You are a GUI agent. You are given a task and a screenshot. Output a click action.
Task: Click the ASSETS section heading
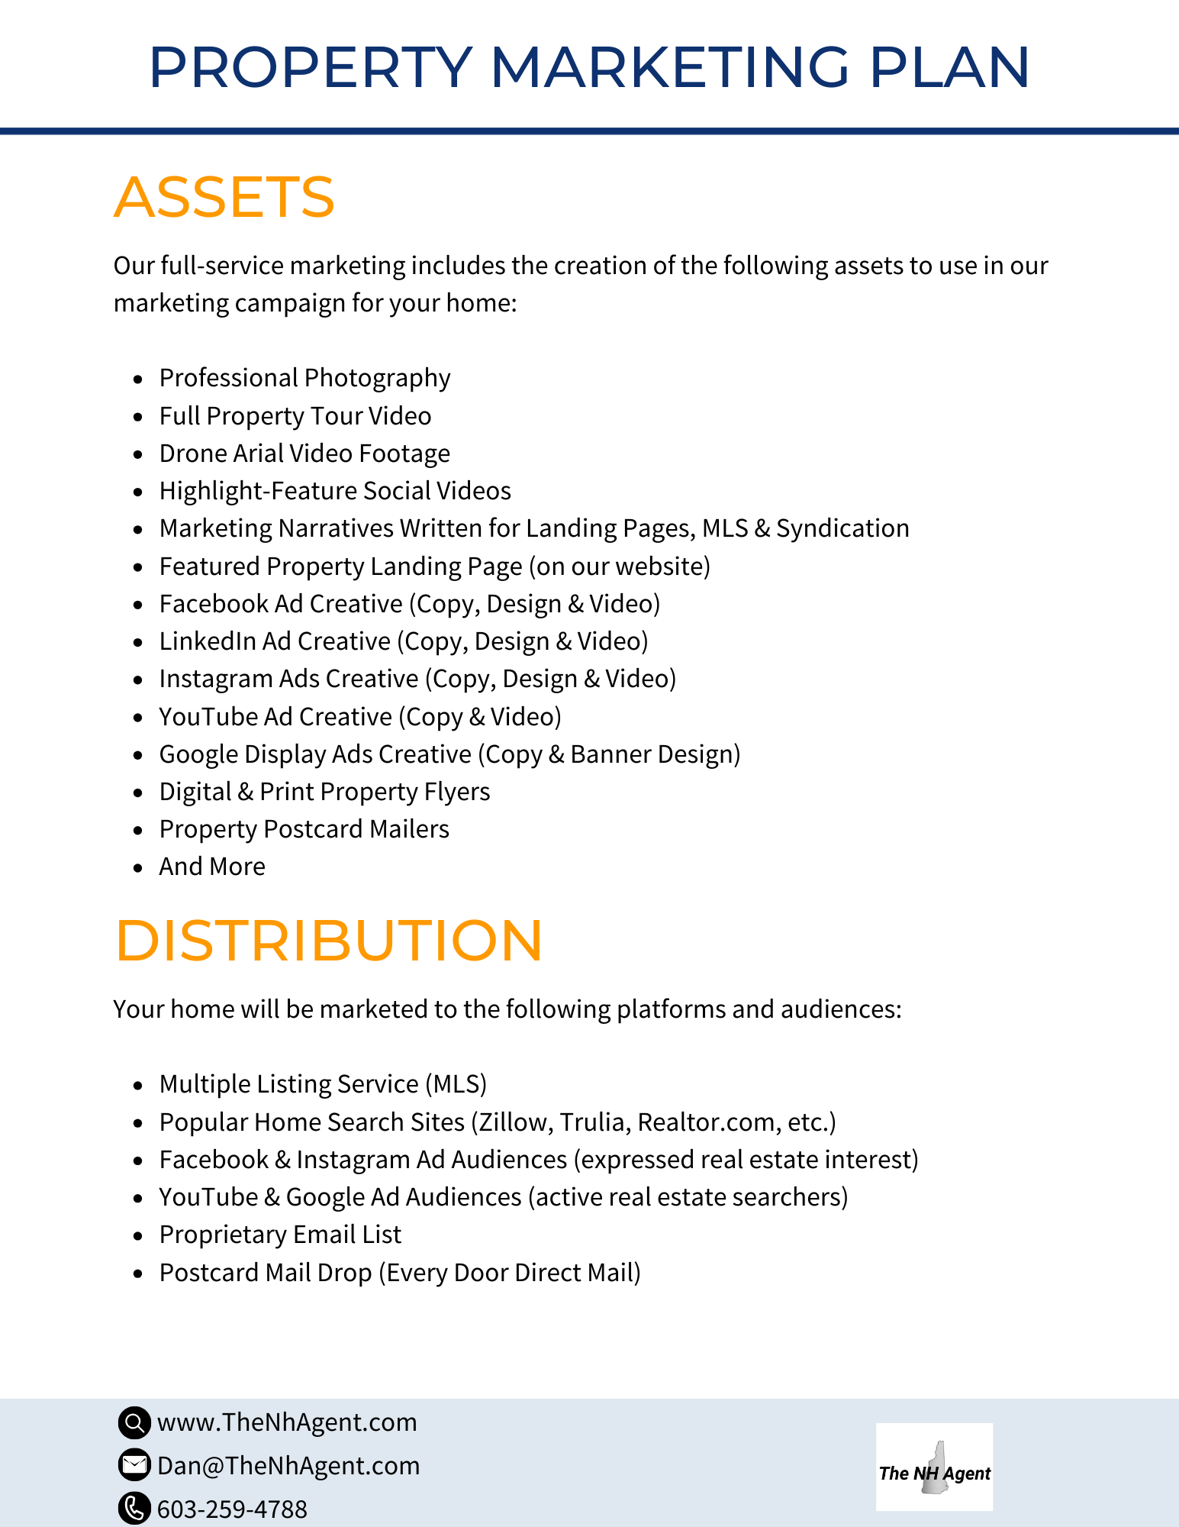[224, 197]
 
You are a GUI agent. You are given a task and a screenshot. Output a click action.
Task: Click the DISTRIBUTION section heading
[328, 940]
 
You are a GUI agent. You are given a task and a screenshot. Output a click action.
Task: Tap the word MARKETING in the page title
[668, 67]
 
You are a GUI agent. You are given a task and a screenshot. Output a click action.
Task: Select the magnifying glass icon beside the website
[134, 1422]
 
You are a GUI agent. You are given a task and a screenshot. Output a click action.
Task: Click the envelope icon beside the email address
[134, 1465]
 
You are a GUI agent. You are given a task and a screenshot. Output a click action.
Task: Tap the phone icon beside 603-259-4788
[134, 1508]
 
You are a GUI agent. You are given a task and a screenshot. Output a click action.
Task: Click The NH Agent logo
[934, 1467]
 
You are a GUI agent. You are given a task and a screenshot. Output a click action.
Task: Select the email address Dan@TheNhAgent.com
[288, 1466]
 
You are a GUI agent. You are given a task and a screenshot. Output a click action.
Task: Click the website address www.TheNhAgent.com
[287, 1422]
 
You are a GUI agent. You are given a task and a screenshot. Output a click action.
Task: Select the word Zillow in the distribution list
[514, 1122]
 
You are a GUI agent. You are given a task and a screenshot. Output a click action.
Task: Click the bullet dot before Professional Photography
[137, 379]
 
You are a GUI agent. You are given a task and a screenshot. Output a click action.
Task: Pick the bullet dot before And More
[137, 867]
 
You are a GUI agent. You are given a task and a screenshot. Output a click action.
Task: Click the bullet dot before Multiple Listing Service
[137, 1085]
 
